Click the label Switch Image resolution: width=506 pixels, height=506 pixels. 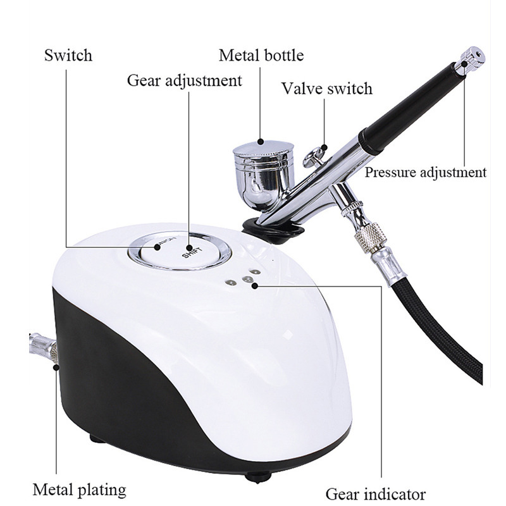(x=68, y=55)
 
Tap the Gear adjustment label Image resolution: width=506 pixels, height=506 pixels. (x=184, y=81)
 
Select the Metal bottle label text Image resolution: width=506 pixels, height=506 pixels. (x=261, y=55)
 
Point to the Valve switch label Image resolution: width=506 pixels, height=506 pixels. (x=327, y=88)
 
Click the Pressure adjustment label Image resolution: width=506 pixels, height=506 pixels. (x=426, y=172)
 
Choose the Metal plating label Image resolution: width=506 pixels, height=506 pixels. (x=79, y=489)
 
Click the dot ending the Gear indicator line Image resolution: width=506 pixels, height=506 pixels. (x=254, y=286)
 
